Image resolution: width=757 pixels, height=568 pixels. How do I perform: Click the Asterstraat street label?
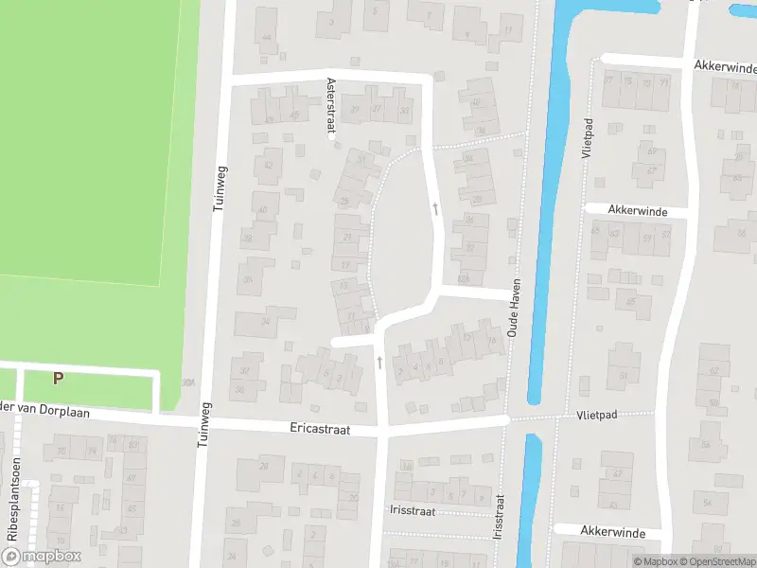[331, 108]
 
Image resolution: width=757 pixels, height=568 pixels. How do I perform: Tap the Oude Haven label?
[515, 312]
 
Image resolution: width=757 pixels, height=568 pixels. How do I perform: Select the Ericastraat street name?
[320, 429]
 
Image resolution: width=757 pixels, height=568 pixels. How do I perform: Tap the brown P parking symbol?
[58, 378]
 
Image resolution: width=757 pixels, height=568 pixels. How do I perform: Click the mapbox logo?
[41, 557]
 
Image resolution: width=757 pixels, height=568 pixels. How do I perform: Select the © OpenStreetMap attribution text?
[713, 561]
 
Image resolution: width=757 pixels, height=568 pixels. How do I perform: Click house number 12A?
[463, 279]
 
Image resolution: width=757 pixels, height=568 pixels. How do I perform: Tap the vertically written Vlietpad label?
[588, 138]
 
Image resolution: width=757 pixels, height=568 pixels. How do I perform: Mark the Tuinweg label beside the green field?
[221, 187]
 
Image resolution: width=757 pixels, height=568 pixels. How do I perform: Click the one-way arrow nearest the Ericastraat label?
[378, 362]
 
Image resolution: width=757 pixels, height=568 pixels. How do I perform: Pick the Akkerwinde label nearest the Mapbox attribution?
[612, 533]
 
